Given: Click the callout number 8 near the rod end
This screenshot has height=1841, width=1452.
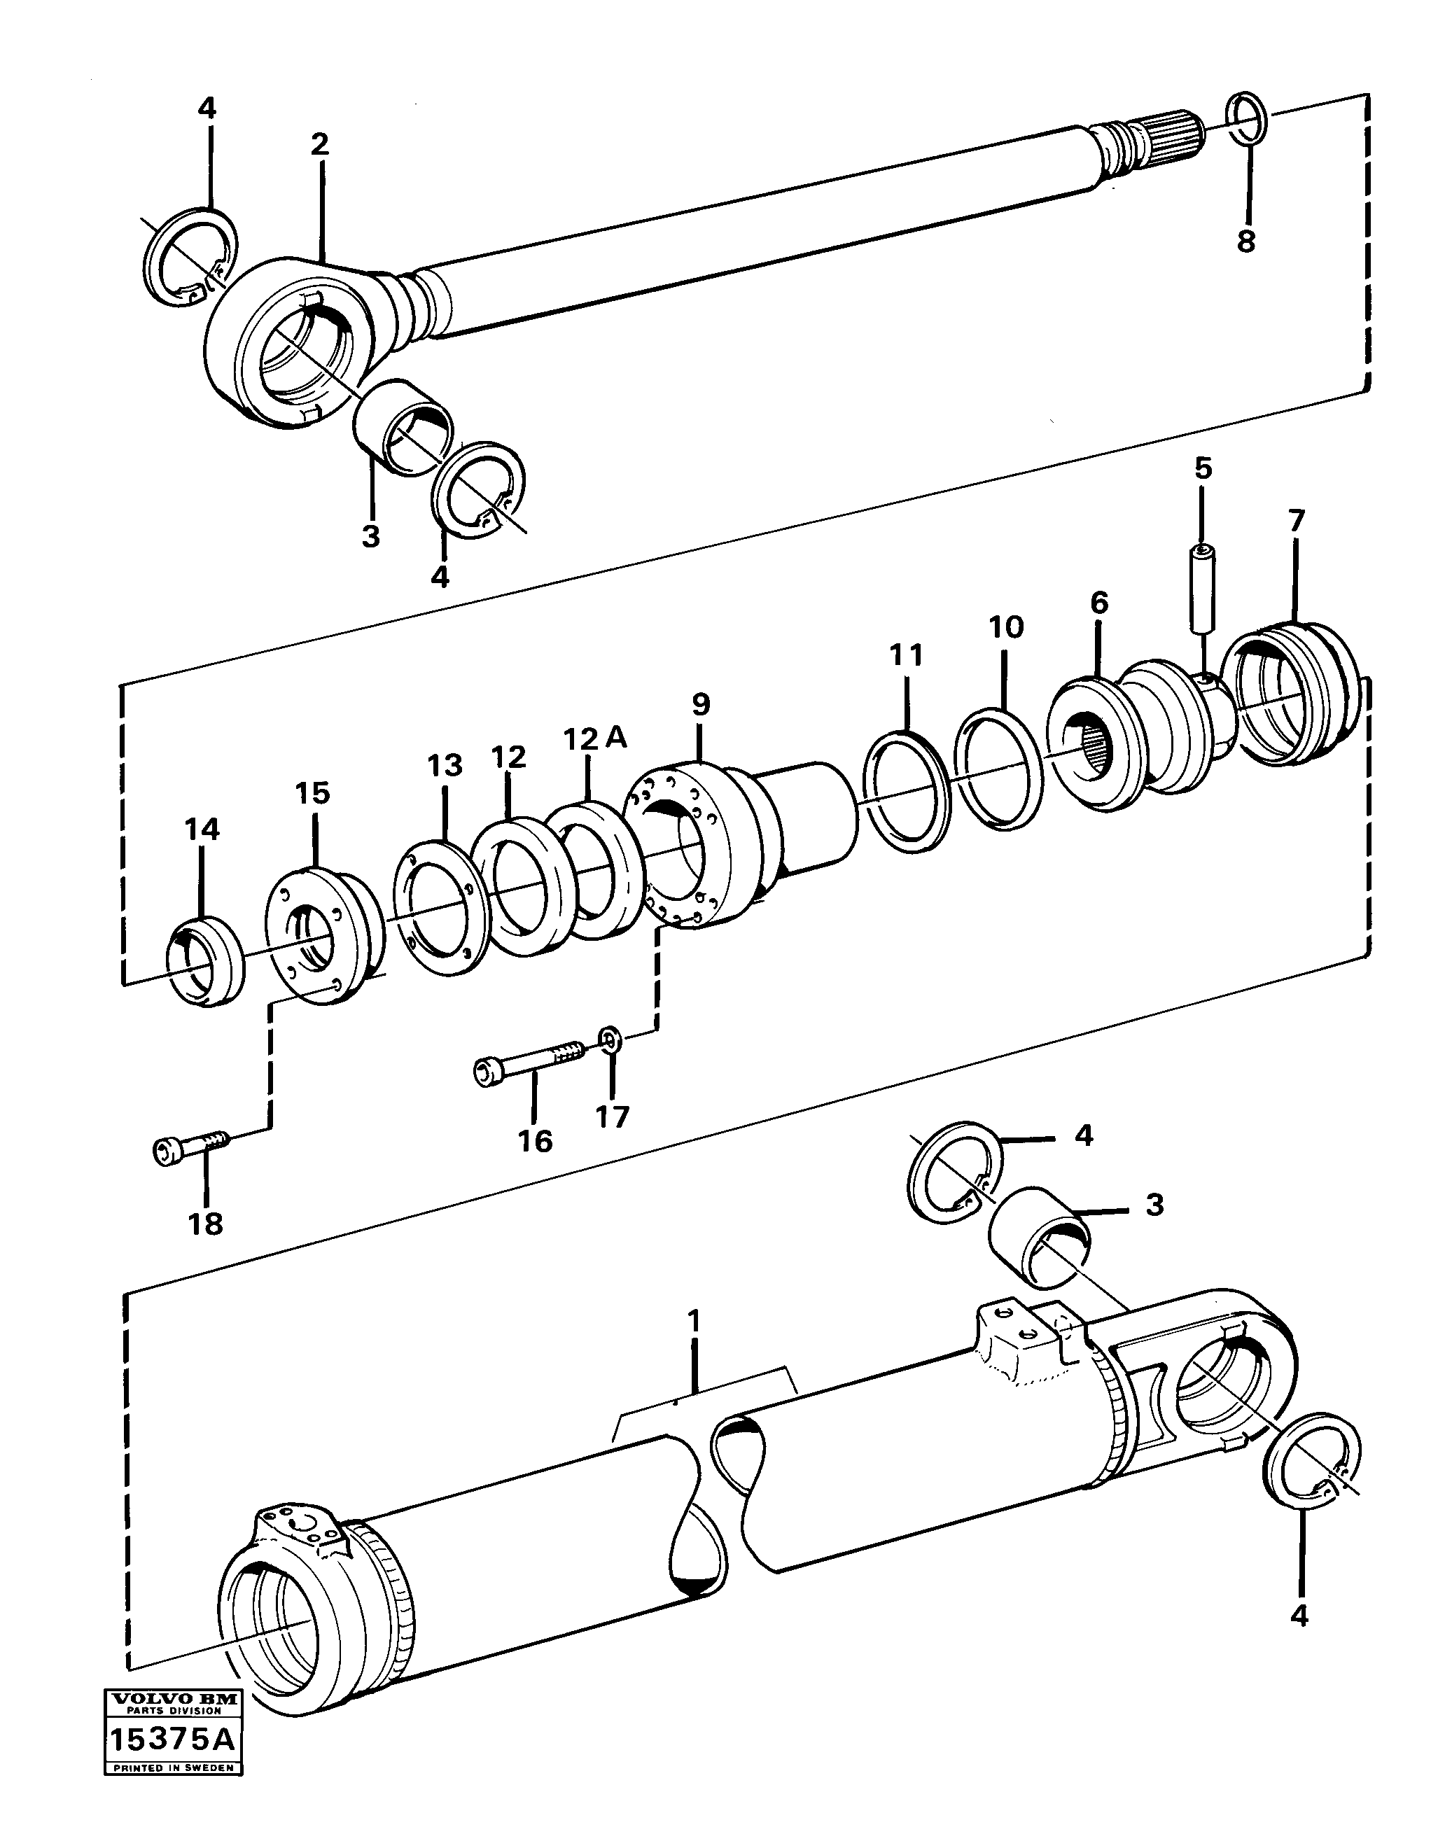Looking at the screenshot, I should pos(1245,241).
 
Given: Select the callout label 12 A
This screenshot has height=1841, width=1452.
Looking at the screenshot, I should pos(594,738).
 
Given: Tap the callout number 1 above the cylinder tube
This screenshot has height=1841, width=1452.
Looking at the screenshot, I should pos(694,1322).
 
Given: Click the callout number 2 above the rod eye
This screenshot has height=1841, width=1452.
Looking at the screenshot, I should pos(319,144).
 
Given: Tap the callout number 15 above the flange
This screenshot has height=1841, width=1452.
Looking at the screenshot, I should pos(312,794).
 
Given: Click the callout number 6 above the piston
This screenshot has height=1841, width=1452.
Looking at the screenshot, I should pos(1099,603).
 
